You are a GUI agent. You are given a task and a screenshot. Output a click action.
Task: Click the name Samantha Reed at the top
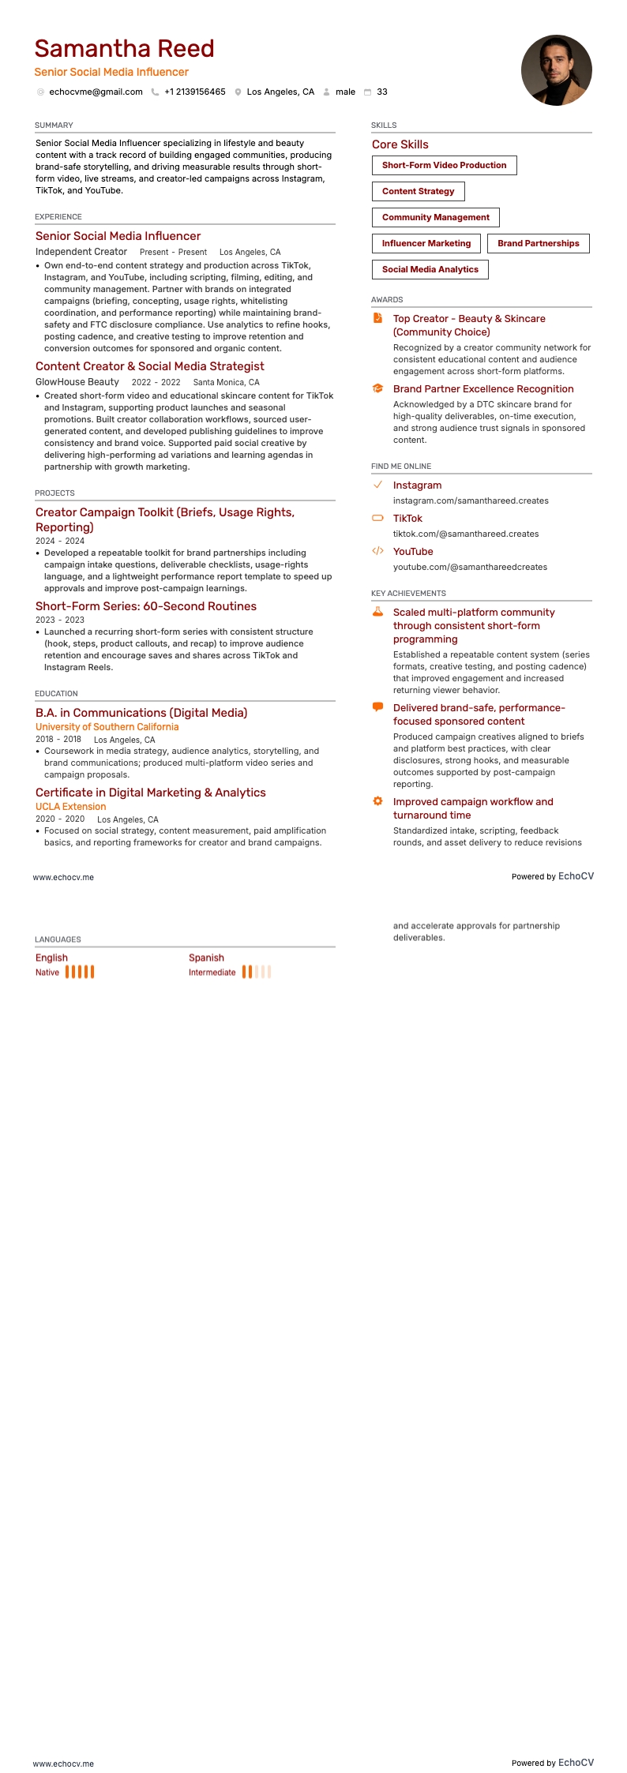[124, 49]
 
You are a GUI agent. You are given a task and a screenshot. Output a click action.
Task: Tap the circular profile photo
[556, 70]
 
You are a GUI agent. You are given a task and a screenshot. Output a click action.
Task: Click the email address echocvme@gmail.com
[96, 92]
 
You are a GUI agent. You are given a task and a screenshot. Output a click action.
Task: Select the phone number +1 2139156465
[194, 92]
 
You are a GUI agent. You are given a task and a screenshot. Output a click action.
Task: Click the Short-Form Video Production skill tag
[444, 166]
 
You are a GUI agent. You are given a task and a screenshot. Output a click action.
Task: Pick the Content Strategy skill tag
[418, 192]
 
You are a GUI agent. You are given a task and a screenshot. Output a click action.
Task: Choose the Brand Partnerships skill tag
[538, 244]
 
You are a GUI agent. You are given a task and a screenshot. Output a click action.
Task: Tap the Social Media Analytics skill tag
[430, 270]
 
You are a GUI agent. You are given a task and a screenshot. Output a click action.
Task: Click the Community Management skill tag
[435, 218]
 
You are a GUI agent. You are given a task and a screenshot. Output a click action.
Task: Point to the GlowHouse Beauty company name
[77, 382]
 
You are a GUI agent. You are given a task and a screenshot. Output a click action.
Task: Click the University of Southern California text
[107, 727]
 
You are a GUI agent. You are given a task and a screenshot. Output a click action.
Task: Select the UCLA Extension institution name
[70, 807]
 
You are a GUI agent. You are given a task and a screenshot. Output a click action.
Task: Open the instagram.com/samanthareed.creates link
[471, 501]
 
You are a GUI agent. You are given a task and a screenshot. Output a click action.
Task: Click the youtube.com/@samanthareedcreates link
[470, 568]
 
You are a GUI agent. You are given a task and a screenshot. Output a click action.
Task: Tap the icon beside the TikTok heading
[377, 519]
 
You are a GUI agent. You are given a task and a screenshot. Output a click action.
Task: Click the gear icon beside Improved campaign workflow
[377, 801]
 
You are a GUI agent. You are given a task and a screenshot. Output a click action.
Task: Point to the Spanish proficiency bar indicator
[257, 973]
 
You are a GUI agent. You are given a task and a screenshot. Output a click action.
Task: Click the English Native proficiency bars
[80, 973]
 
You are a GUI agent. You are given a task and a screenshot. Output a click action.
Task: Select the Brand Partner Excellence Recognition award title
[483, 389]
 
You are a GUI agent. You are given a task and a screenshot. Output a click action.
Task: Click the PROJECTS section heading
[54, 493]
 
